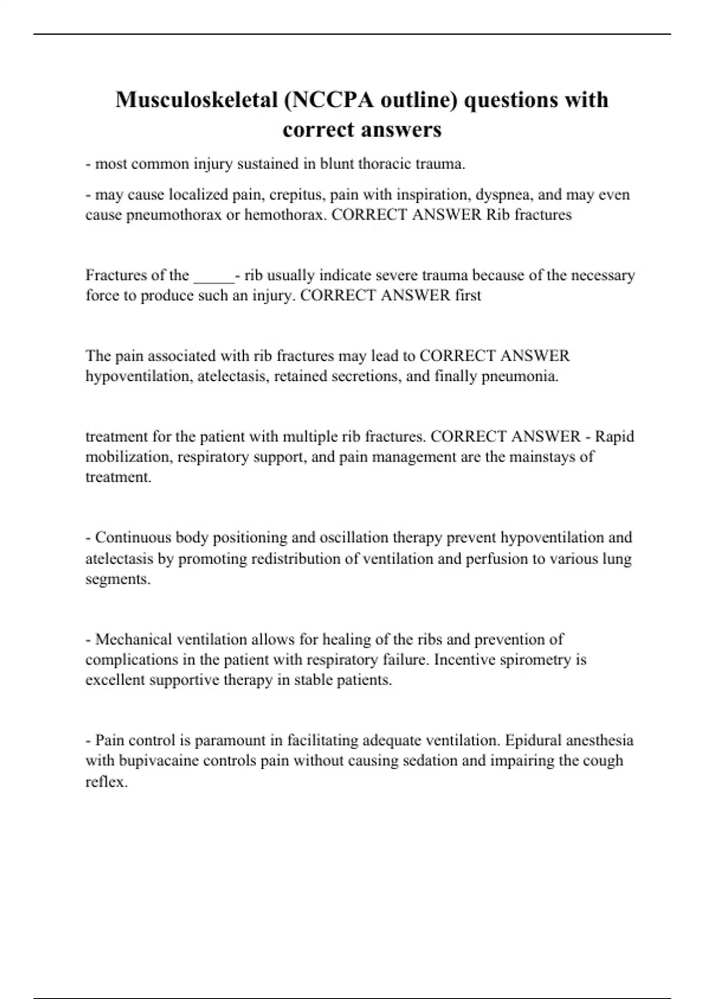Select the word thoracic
tap(384, 164)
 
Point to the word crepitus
tap(296, 195)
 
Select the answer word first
tap(468, 296)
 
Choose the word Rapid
tap(615, 437)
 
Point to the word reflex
tap(106, 782)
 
